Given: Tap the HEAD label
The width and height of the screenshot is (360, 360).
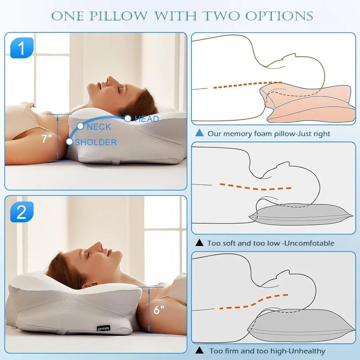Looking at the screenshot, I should pyautogui.click(x=147, y=119).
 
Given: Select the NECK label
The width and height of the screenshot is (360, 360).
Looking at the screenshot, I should pyautogui.click(x=99, y=127).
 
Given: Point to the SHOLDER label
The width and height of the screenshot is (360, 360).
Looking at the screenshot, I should pyautogui.click(x=96, y=142).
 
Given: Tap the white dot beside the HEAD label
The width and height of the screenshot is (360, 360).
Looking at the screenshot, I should pyautogui.click(x=127, y=118).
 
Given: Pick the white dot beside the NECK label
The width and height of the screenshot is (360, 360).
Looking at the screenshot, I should pyautogui.click(x=80, y=126).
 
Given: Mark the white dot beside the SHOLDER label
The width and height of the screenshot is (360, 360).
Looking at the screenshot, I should pyautogui.click(x=69, y=141).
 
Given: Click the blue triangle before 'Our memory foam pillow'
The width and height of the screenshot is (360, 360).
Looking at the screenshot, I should pyautogui.click(x=199, y=133).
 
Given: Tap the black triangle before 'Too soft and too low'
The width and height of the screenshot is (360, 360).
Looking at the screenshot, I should pyautogui.click(x=199, y=243).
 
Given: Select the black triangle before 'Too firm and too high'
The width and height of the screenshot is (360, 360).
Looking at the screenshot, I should pyautogui.click(x=199, y=350).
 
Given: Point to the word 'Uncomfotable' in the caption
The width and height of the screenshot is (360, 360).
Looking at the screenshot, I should pyautogui.click(x=309, y=243).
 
